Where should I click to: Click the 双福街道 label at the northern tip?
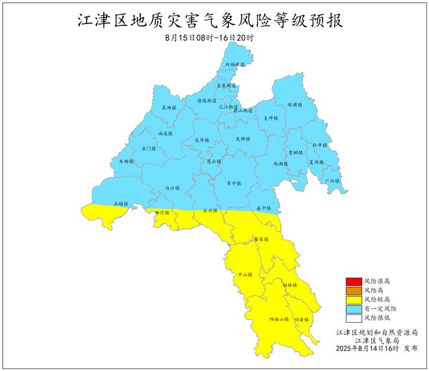tap(235, 65)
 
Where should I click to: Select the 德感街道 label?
tap(207, 101)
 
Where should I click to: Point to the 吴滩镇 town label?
tap(168, 107)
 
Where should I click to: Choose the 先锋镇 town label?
tap(242, 139)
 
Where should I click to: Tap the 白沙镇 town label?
tap(172, 187)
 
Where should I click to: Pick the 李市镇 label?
tap(233, 185)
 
